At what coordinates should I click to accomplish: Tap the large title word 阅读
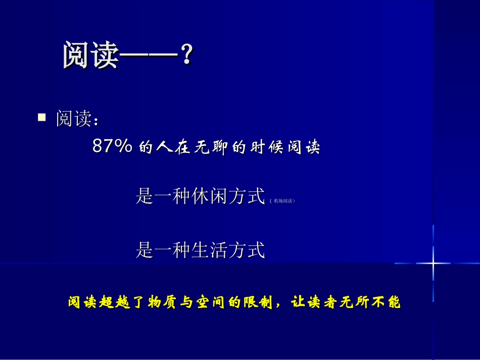click(90, 56)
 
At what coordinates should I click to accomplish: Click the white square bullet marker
click(42, 118)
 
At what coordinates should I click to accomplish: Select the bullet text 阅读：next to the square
click(76, 119)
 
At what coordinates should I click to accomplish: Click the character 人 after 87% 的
click(162, 147)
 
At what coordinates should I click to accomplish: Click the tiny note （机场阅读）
click(282, 201)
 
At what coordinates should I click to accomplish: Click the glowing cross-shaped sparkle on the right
click(433, 263)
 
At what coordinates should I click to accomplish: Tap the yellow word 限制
click(259, 302)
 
